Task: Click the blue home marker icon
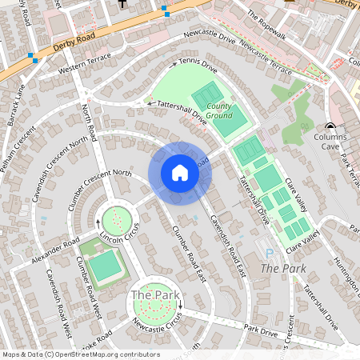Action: coord(179,173)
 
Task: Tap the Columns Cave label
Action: coord(324,142)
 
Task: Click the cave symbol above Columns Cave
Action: coord(330,127)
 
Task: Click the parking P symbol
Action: coord(269,253)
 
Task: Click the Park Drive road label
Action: coord(261,329)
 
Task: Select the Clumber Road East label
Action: coord(190,254)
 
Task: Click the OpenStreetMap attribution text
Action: coord(81,354)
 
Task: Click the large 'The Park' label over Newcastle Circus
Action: coord(154,295)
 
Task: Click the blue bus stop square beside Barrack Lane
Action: coord(32,57)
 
